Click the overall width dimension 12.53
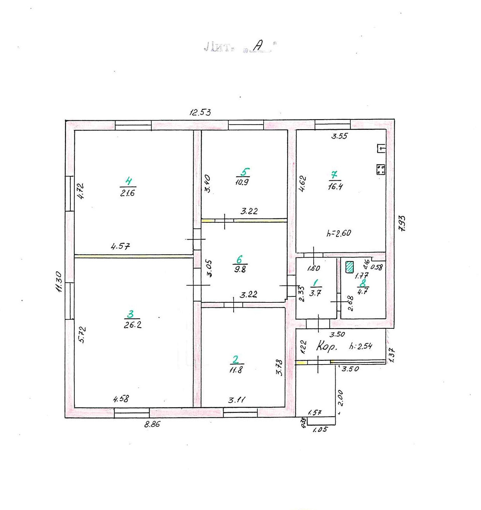(200, 112)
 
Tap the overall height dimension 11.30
(59, 281)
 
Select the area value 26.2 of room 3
(133, 325)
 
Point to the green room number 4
(128, 181)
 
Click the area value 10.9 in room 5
(242, 182)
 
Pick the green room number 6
(239, 259)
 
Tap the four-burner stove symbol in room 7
(381, 169)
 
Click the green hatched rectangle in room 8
(349, 267)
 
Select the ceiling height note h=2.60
(339, 233)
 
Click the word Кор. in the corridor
(326, 346)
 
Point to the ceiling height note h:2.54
(361, 346)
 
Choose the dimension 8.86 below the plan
(152, 424)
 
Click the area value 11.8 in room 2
(236, 370)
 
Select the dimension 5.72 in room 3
(82, 334)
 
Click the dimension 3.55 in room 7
(339, 136)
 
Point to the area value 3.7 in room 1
(315, 293)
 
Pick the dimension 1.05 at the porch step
(320, 430)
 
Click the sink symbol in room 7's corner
(381, 148)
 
